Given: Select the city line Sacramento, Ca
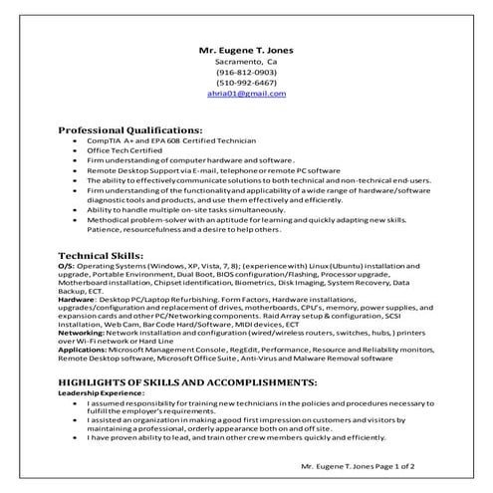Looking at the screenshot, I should pos(246,61).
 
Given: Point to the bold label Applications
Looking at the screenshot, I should pos(84,351).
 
